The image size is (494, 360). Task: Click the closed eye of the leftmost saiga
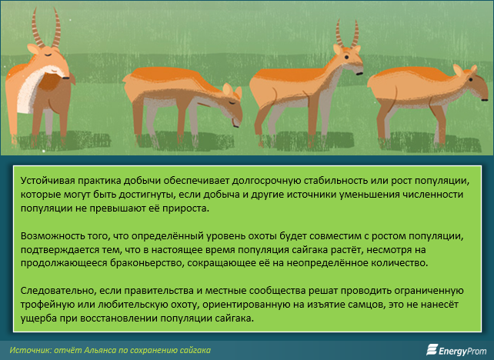pyautogui.click(x=48, y=55)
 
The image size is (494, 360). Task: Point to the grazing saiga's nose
pyautogui.click(x=236, y=125)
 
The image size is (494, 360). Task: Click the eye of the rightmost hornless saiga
pyautogui.click(x=471, y=80)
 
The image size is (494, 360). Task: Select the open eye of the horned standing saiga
pyautogui.click(x=346, y=58)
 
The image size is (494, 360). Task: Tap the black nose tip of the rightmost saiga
pyautogui.click(x=485, y=100)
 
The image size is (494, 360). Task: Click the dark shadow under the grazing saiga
pyautogui.click(x=186, y=141)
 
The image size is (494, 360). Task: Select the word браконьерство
pyautogui.click(x=147, y=262)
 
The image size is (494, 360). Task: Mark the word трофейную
pyautogui.click(x=44, y=305)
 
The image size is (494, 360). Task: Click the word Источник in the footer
pyautogui.click(x=30, y=350)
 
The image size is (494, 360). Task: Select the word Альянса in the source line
pyautogui.click(x=101, y=350)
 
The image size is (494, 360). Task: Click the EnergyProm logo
pyautogui.click(x=456, y=350)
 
